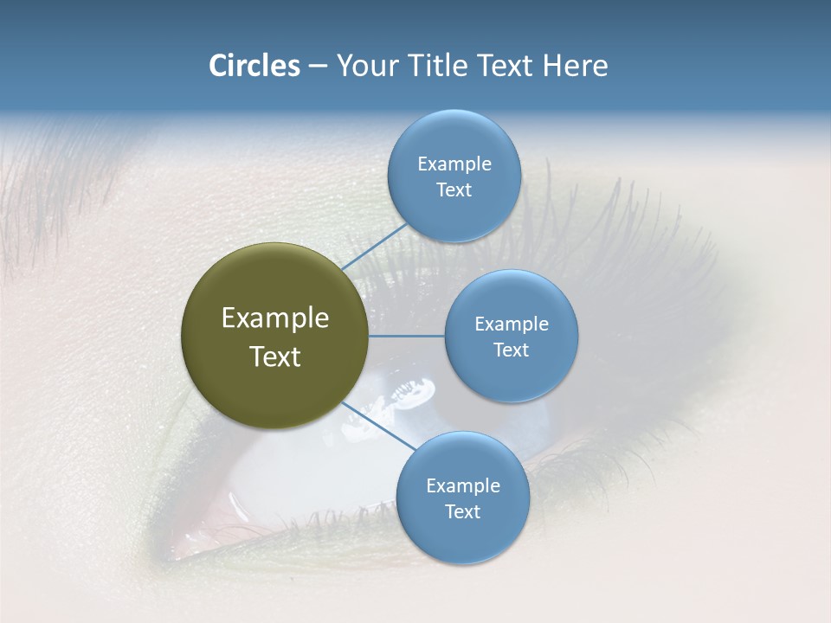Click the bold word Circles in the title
tap(254, 66)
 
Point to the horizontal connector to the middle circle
tap(406, 336)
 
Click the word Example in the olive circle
tap(274, 318)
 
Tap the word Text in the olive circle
tap(274, 356)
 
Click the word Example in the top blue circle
tap(454, 164)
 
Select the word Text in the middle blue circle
tap(511, 350)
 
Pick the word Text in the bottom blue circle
tap(462, 512)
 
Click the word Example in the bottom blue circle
tap(462, 486)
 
